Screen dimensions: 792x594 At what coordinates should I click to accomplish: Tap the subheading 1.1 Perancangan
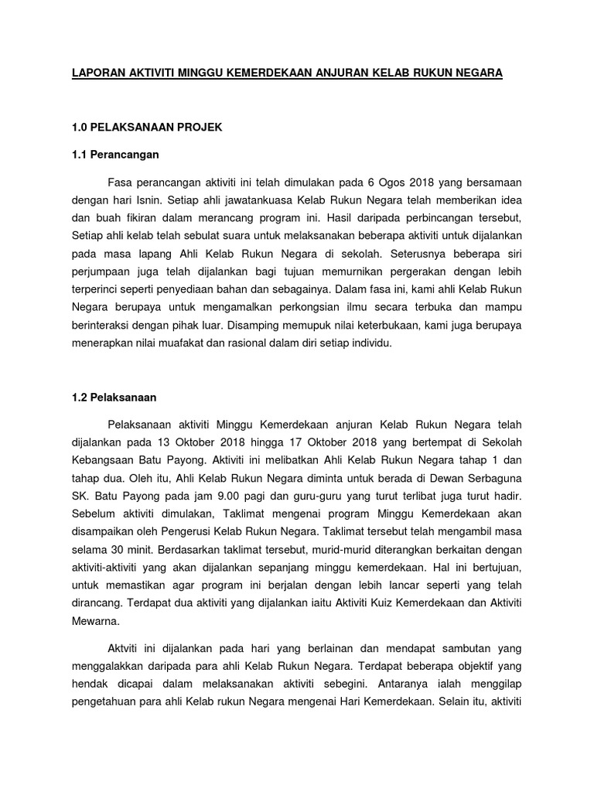[114, 155]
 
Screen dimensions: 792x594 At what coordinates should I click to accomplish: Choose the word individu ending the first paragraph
[371, 343]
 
